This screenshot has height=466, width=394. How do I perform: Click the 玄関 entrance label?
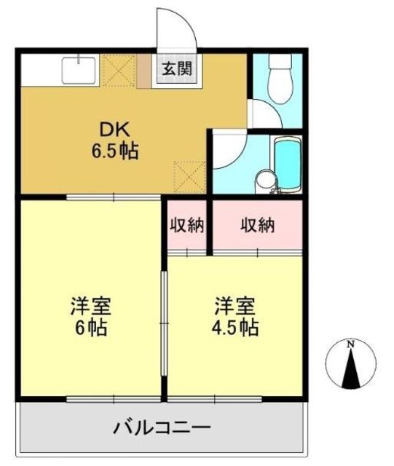tap(177, 69)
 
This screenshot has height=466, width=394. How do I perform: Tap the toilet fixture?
tap(280, 79)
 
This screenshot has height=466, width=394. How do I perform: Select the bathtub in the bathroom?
tap(287, 165)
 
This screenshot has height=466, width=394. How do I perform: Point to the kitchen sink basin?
tap(79, 71)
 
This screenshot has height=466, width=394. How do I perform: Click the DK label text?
tap(115, 130)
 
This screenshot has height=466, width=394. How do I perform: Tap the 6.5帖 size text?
tap(115, 151)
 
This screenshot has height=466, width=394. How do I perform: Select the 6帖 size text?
tap(91, 328)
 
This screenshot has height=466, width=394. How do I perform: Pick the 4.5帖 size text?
tap(235, 328)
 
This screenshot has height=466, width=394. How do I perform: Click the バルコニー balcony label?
tap(162, 428)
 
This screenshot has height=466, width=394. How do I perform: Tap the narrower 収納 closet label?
tap(186, 225)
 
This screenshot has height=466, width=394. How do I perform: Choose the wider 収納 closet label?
tap(258, 225)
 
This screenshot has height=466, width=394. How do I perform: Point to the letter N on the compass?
tap(351, 344)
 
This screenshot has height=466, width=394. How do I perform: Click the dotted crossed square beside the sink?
tap(119, 71)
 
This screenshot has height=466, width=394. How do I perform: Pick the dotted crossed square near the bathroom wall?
tap(189, 177)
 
